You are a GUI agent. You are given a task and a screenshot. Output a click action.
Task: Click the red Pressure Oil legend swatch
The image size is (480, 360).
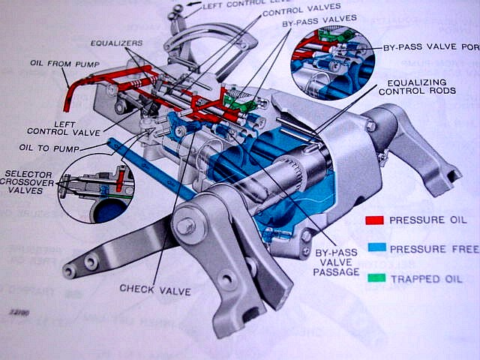pyautogui.click(x=374, y=220)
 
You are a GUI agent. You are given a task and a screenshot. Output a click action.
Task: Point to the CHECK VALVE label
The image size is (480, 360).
pyautogui.click(x=155, y=289)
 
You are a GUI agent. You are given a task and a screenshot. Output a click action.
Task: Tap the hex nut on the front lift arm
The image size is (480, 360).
pyautogui.click(x=185, y=226)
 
